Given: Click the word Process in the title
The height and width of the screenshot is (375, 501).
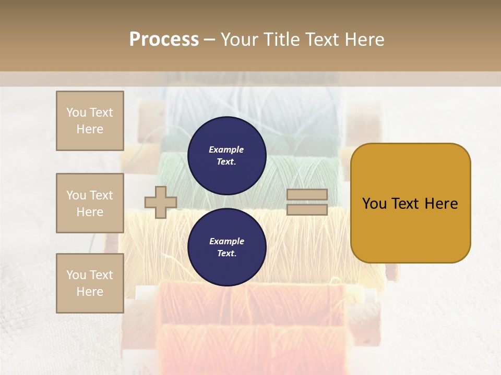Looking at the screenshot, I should tap(164, 40).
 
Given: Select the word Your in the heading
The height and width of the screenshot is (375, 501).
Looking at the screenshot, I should tap(241, 40).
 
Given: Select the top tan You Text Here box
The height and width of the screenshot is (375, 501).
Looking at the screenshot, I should tap(90, 121).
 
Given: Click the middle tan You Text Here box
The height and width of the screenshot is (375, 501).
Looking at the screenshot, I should tap(90, 203).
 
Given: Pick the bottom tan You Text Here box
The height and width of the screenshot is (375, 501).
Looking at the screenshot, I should tap(90, 283).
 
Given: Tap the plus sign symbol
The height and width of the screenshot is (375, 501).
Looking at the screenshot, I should tap(161, 202).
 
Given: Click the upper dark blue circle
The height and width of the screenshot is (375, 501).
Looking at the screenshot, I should tap(226, 156).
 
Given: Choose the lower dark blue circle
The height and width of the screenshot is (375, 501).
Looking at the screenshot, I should tap(226, 247).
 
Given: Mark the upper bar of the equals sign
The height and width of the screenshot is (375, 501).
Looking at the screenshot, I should tap(307, 194).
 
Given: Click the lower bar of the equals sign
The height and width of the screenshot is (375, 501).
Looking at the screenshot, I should tap(307, 210).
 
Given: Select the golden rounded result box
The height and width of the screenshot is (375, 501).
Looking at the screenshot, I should tap(410, 203).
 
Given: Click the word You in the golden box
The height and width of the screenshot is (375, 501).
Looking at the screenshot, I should tap(375, 204).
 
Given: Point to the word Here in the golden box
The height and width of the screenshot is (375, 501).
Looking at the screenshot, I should tap(441, 204).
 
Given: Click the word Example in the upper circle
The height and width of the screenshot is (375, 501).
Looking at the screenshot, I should tap(226, 149).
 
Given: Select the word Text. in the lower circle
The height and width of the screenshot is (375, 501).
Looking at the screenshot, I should tap(226, 254).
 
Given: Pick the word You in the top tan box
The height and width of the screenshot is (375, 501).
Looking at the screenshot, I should tap(76, 113).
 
